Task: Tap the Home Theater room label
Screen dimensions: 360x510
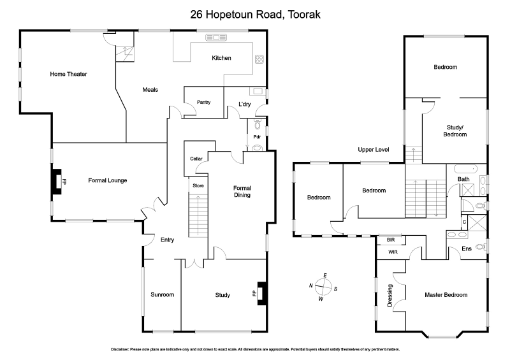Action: pos(68,75)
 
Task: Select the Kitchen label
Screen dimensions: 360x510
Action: pos(221,59)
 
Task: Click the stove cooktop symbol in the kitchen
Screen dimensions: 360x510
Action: pos(260,60)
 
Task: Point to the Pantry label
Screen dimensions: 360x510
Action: pos(203,102)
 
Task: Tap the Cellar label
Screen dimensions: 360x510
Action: pos(196,159)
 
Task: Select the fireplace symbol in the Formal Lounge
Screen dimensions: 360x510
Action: pos(58,180)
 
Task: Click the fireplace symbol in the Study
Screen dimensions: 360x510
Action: pos(260,294)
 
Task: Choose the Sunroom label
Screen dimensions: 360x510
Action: pos(162,295)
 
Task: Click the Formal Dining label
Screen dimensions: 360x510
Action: pos(242,191)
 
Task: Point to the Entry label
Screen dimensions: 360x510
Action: pos(167,240)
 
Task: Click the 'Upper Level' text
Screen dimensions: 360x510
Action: pos(373,150)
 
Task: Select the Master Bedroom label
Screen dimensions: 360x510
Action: pos(446,295)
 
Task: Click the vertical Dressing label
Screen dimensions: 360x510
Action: pos(391,295)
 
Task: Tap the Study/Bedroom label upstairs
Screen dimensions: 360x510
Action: pos(455,131)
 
